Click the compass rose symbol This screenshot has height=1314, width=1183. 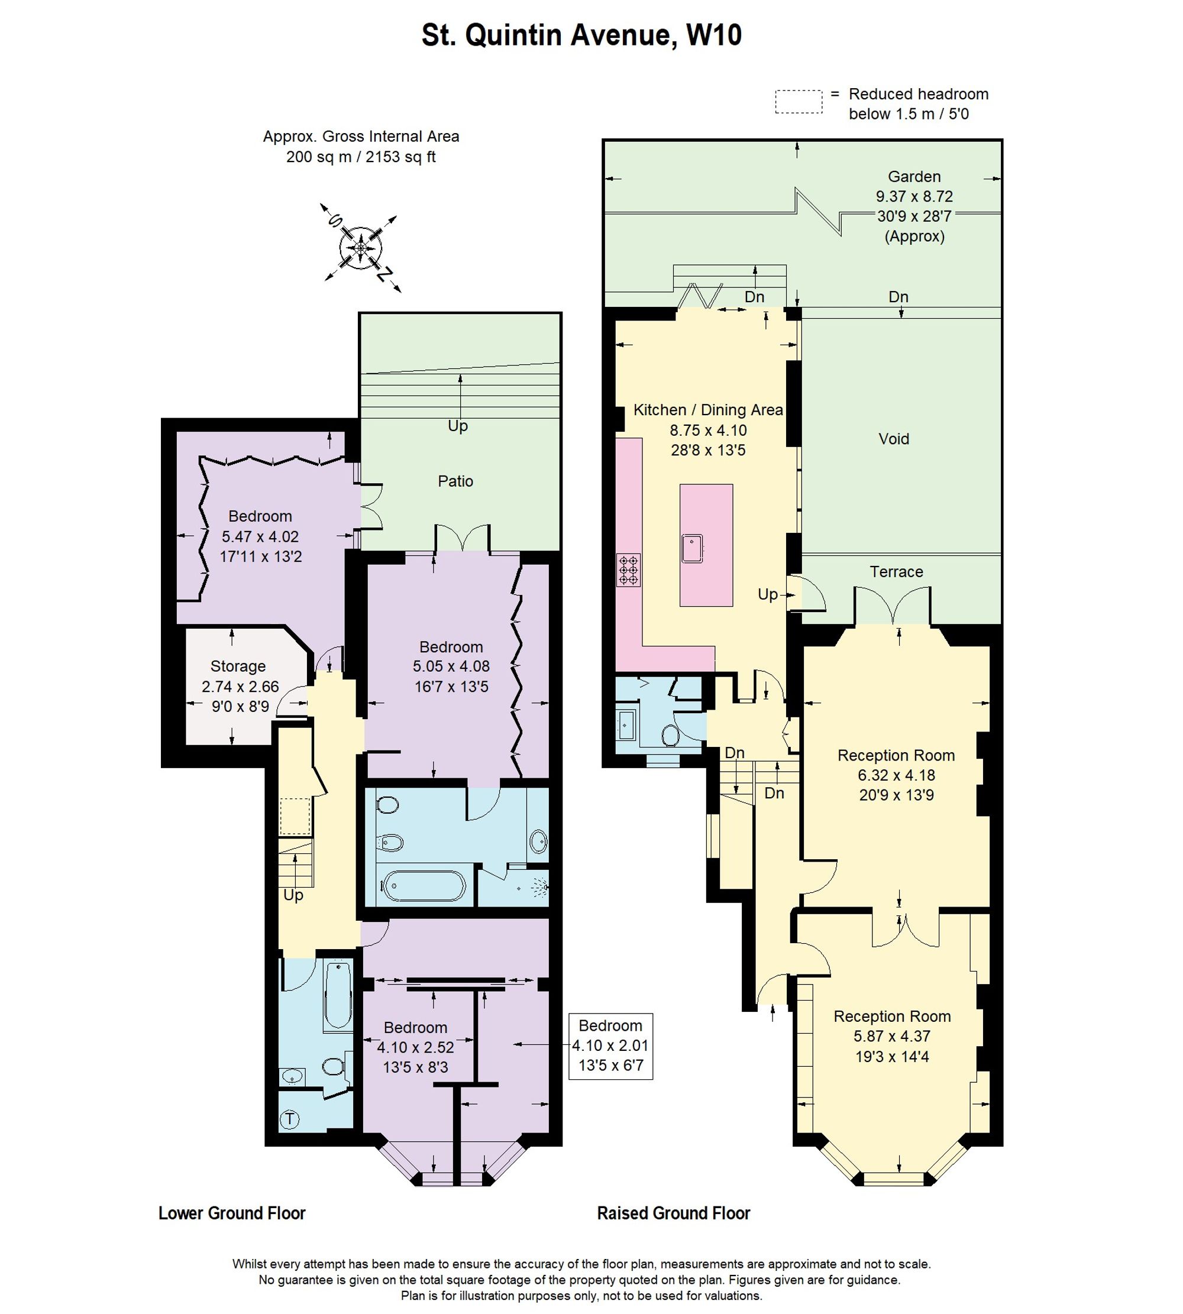click(361, 248)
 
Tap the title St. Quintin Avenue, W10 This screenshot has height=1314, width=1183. click(582, 35)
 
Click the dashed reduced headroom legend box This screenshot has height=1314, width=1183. click(799, 102)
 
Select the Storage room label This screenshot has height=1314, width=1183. click(238, 666)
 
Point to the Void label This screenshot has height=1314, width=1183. click(894, 439)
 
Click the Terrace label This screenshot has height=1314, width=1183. click(896, 571)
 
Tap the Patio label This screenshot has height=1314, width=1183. click(455, 481)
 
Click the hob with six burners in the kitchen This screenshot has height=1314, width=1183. click(629, 570)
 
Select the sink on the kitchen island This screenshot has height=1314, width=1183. click(693, 548)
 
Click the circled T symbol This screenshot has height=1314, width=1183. click(290, 1119)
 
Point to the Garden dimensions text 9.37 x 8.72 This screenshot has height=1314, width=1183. click(914, 196)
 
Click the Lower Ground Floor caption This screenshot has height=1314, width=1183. click(232, 1213)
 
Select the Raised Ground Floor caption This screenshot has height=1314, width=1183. click(673, 1213)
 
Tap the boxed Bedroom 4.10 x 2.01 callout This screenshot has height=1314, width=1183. click(610, 1046)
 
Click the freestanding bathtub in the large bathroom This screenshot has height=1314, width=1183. click(424, 886)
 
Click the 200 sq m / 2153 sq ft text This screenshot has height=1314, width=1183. click(361, 157)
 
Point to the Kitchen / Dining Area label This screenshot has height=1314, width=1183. click(708, 409)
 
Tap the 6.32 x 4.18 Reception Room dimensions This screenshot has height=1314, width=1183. click(896, 775)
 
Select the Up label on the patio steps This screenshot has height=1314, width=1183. click(458, 426)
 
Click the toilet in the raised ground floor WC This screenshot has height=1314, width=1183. click(670, 736)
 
